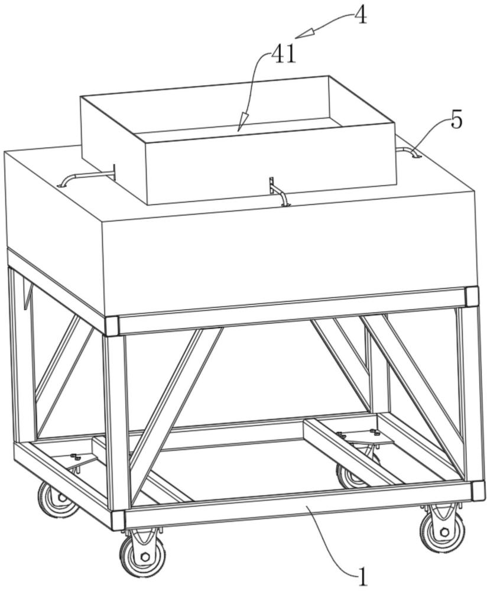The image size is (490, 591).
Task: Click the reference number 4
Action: click(x=361, y=17)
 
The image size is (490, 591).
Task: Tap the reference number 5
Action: click(x=456, y=121)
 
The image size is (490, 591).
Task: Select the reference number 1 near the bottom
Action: click(x=362, y=576)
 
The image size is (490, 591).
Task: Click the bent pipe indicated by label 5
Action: click(x=408, y=152)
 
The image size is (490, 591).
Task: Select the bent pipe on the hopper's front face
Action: click(x=278, y=191)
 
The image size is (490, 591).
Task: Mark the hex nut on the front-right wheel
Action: click(x=444, y=533)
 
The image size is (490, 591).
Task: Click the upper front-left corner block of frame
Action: click(x=112, y=326)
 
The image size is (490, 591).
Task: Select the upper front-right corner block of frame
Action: click(x=472, y=297)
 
